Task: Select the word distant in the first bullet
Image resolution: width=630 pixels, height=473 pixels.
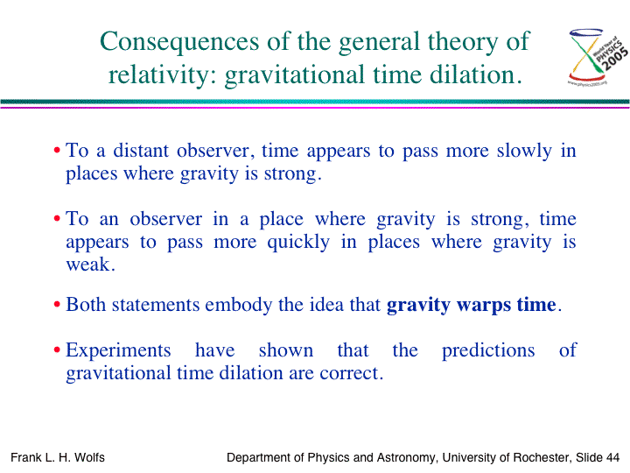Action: (x=141, y=151)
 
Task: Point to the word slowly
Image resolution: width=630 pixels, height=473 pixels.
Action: (x=524, y=152)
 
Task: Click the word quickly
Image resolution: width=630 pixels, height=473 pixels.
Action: (x=298, y=243)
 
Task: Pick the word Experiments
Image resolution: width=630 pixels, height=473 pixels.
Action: (x=118, y=350)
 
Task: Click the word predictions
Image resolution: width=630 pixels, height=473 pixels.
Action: (x=488, y=350)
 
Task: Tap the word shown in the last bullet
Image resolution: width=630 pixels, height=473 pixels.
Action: (x=285, y=349)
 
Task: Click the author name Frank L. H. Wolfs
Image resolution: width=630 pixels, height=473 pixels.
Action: (x=58, y=457)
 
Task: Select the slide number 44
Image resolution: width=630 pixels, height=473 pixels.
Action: (x=612, y=457)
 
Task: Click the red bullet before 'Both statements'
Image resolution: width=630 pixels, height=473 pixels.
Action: (x=57, y=305)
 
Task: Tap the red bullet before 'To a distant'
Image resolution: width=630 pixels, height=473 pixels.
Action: (x=57, y=151)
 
